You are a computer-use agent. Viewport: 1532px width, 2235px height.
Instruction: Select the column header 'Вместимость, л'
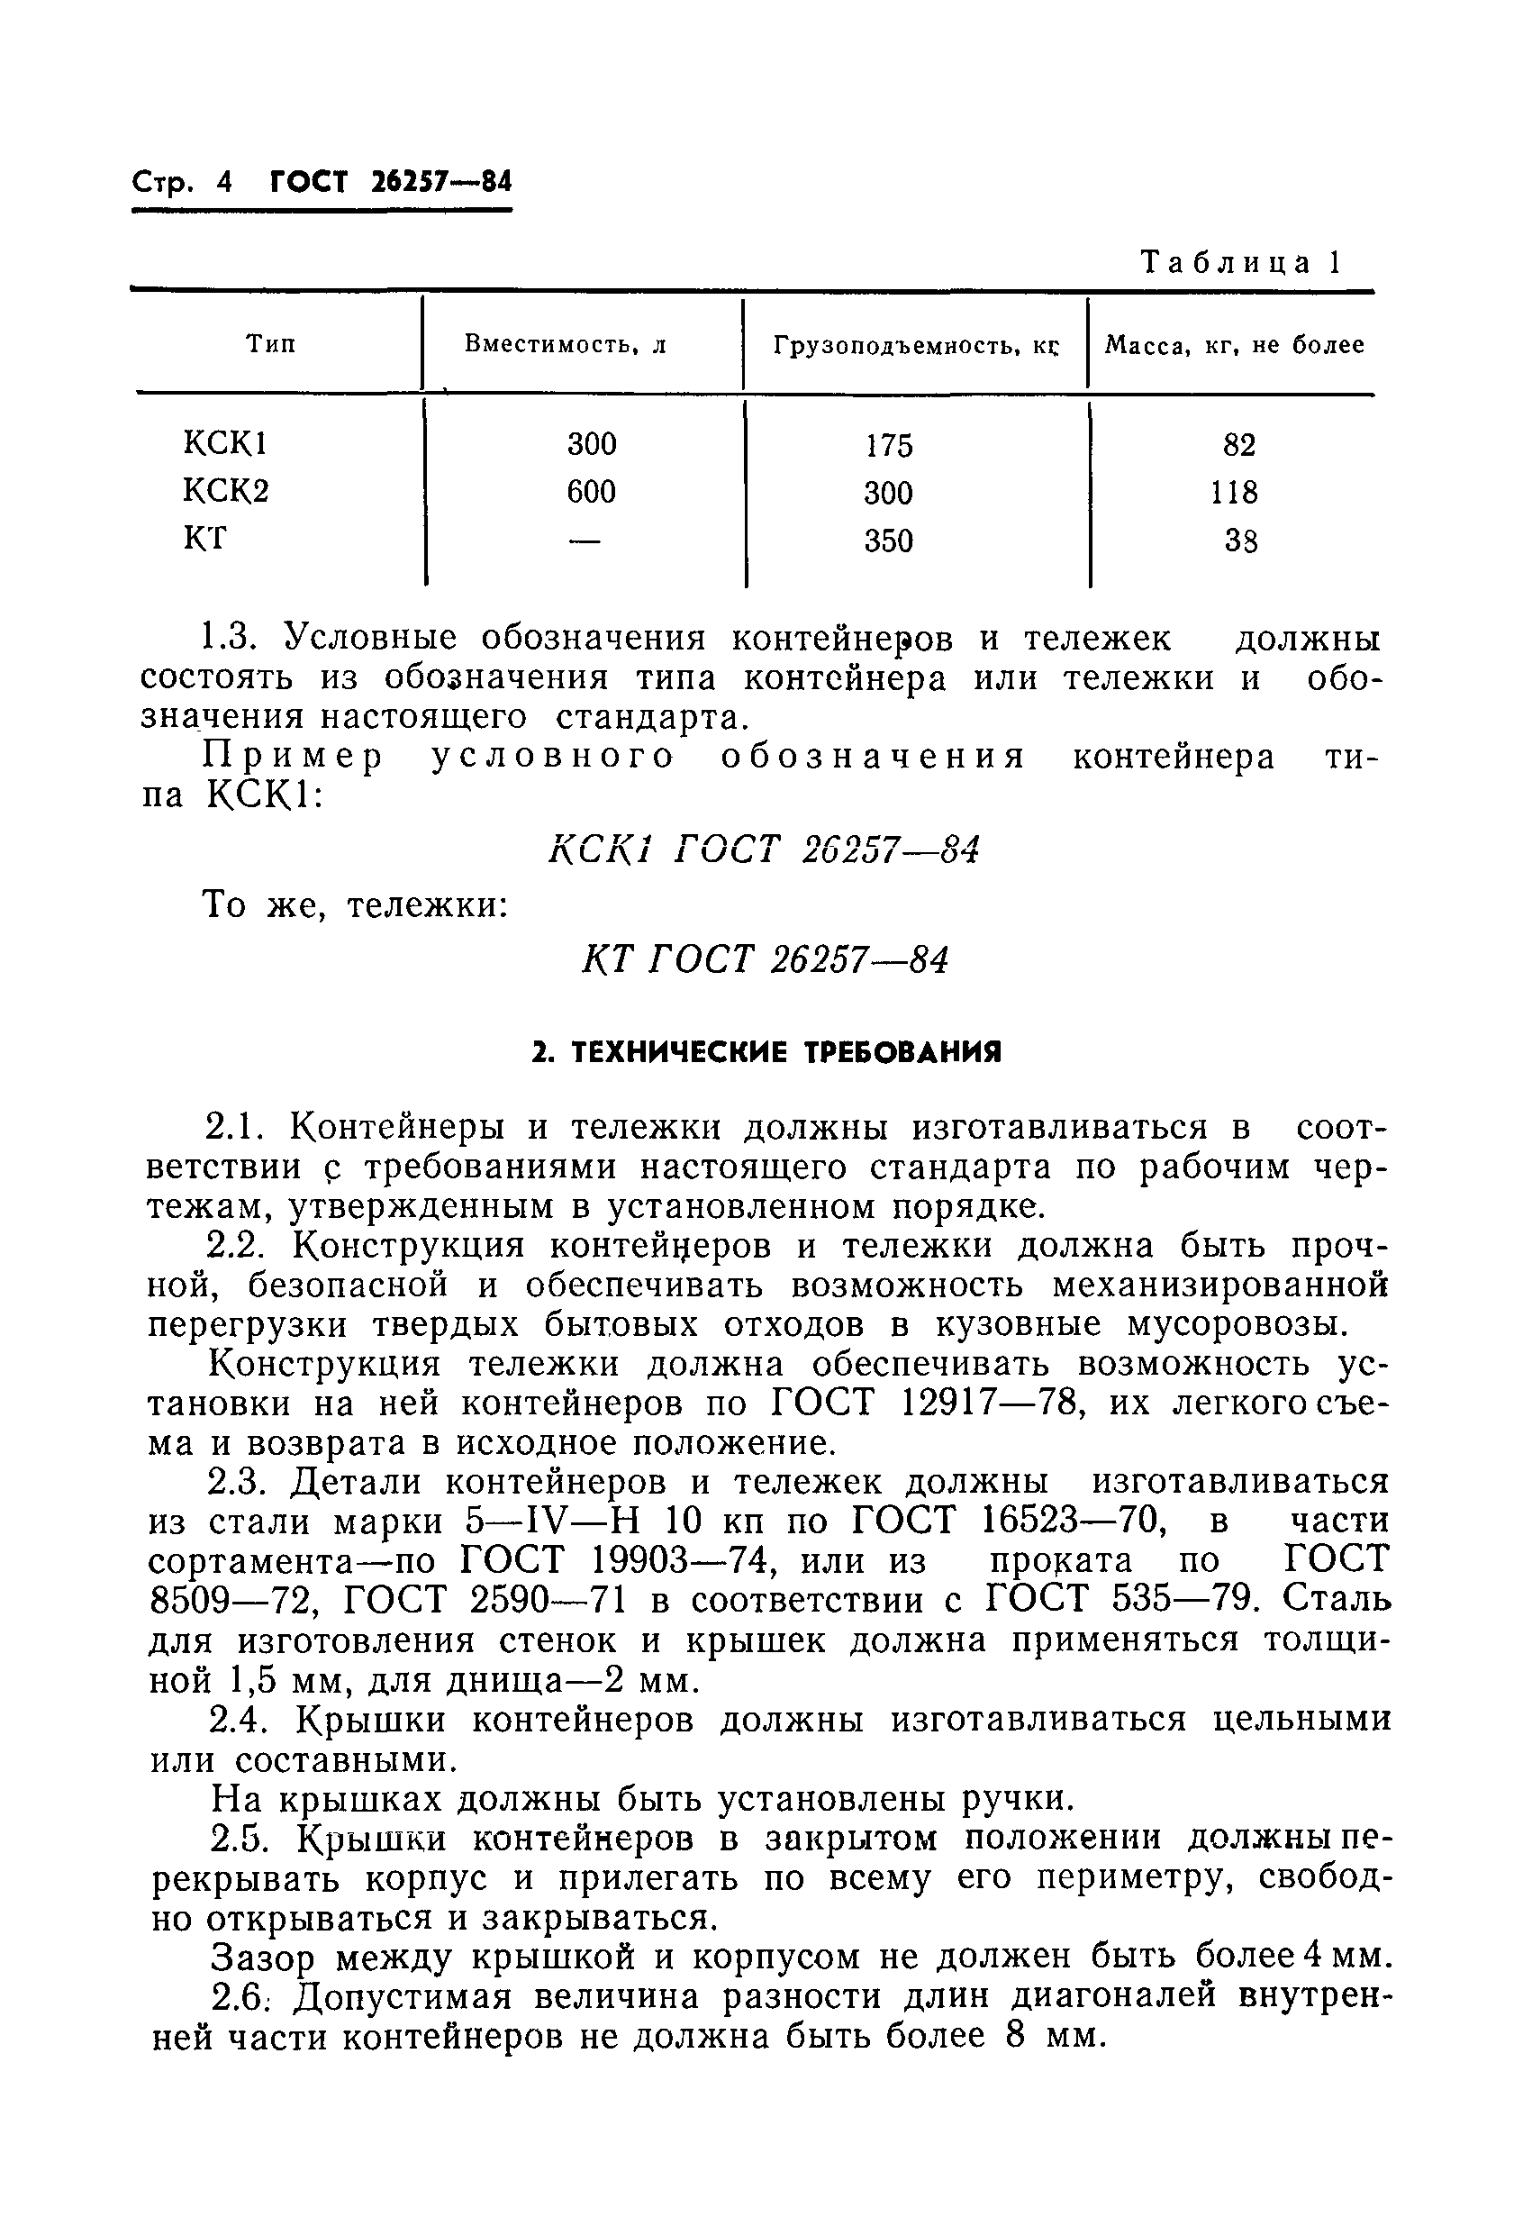pyautogui.click(x=566, y=344)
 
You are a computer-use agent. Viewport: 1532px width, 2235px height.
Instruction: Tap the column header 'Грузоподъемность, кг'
pyautogui.click(x=914, y=345)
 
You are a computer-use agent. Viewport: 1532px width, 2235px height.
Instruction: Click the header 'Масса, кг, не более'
pyautogui.click(x=1234, y=345)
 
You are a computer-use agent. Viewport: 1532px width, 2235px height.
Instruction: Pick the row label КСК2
pyautogui.click(x=226, y=492)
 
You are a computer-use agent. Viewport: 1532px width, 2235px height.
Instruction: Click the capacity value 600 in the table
pyautogui.click(x=591, y=492)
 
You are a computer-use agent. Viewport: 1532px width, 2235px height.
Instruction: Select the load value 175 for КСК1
pyautogui.click(x=888, y=445)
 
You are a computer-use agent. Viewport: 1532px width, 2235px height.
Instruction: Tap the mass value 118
pyautogui.click(x=1234, y=493)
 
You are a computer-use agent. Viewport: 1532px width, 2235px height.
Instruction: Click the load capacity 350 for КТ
pyautogui.click(x=888, y=541)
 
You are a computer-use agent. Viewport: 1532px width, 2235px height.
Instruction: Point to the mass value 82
pyautogui.click(x=1238, y=445)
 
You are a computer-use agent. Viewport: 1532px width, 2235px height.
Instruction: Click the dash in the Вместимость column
pyautogui.click(x=585, y=541)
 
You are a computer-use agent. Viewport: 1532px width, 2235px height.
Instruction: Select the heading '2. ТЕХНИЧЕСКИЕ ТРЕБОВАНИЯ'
pyautogui.click(x=766, y=1052)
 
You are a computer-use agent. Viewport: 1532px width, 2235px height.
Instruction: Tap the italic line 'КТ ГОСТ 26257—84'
pyautogui.click(x=765, y=959)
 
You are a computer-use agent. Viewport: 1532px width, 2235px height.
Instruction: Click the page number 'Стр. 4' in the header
pyautogui.click(x=182, y=182)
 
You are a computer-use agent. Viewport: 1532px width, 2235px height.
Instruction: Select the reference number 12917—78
pyautogui.click(x=995, y=1404)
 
